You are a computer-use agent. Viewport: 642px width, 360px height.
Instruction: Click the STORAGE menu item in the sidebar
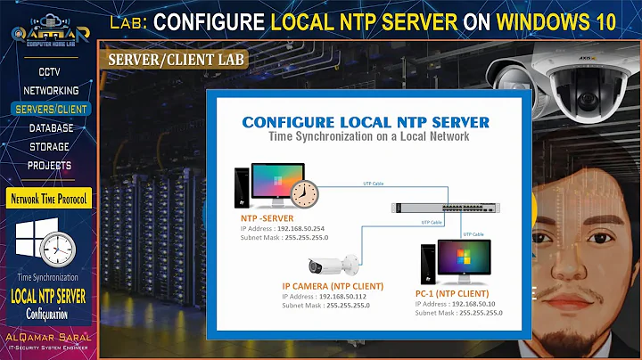pyautogui.click(x=49, y=146)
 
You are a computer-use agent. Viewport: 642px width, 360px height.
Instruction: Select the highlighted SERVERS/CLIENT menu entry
pyautogui.click(x=49, y=109)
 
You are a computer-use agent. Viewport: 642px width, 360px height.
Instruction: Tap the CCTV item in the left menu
pyautogui.click(x=49, y=71)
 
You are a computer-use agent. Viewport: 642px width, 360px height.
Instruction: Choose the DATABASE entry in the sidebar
pyautogui.click(x=49, y=127)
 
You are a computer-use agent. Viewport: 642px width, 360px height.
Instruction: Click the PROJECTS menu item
pyautogui.click(x=49, y=165)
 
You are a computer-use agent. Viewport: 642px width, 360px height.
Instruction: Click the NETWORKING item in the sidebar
pyautogui.click(x=49, y=90)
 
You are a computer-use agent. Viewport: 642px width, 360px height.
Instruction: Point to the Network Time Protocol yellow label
pyautogui.click(x=49, y=198)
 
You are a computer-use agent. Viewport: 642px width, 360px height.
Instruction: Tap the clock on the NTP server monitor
pyautogui.click(x=305, y=190)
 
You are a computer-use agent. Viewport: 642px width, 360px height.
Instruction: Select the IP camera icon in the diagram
pyautogui.click(x=333, y=265)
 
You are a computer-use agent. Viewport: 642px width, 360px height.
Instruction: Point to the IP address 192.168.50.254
pyautogui.click(x=301, y=228)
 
